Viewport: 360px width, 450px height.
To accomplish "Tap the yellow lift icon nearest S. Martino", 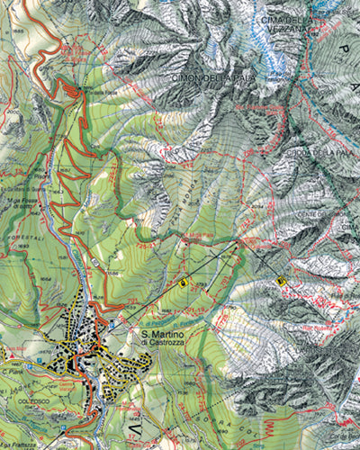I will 184,282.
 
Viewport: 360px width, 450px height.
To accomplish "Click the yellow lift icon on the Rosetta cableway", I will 282,281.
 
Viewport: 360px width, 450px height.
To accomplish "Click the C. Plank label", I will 12,370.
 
